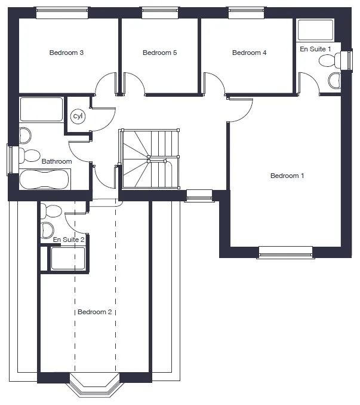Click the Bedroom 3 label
66,53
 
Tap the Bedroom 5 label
160,53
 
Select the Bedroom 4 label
250,53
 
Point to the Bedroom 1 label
287,176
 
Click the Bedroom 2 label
95,312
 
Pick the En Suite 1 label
315,49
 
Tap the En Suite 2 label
69,240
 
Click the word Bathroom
57,161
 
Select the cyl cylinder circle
78,116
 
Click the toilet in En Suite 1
330,61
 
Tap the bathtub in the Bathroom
44,180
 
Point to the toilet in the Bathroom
29,155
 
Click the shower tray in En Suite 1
315,30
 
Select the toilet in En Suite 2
51,211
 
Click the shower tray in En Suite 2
68,259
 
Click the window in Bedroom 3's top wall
62,13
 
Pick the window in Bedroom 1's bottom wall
286,253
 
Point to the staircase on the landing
149,159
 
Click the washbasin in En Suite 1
334,81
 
